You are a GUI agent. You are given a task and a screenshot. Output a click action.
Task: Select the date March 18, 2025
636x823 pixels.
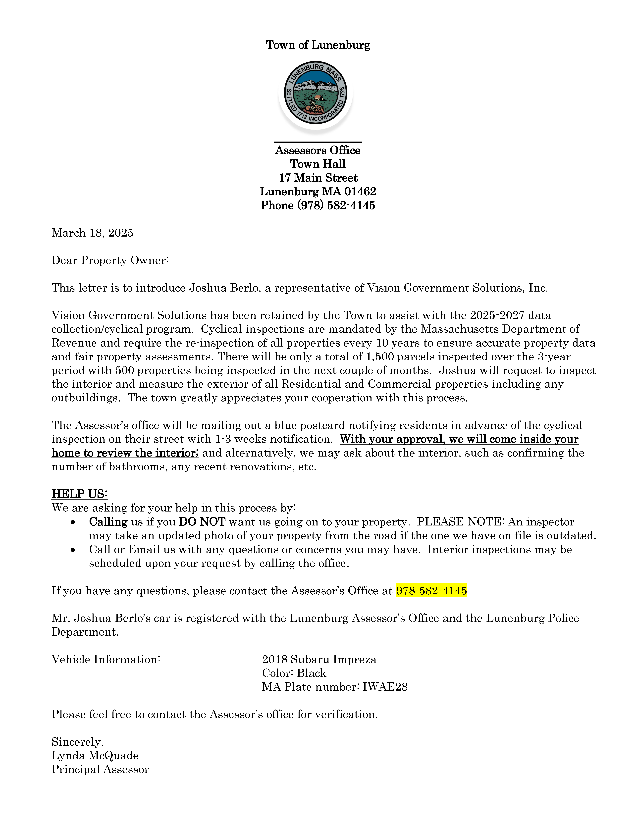tap(92, 233)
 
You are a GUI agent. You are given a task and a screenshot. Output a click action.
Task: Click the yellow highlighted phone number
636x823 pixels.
tap(431, 590)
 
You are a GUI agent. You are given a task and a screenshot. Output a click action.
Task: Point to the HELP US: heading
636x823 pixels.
tap(80, 494)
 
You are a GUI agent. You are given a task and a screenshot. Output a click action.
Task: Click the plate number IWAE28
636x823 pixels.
tap(385, 687)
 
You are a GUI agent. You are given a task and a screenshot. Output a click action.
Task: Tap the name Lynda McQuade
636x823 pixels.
tap(95, 756)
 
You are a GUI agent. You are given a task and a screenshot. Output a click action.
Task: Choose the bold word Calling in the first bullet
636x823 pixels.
tap(108, 522)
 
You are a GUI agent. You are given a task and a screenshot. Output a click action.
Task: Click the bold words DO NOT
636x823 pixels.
tap(202, 522)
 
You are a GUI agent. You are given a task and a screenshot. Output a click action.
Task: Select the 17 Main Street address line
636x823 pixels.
tap(318, 178)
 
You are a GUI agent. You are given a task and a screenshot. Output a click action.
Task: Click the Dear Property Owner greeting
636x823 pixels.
tap(110, 260)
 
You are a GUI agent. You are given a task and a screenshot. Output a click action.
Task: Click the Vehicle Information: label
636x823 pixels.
tap(106, 659)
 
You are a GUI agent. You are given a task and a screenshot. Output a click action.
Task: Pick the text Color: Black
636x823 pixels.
tap(294, 673)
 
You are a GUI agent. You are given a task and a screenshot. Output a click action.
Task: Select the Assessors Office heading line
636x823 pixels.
tap(318, 150)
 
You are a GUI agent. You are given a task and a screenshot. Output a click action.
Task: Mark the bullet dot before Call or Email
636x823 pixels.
tap(73, 550)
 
